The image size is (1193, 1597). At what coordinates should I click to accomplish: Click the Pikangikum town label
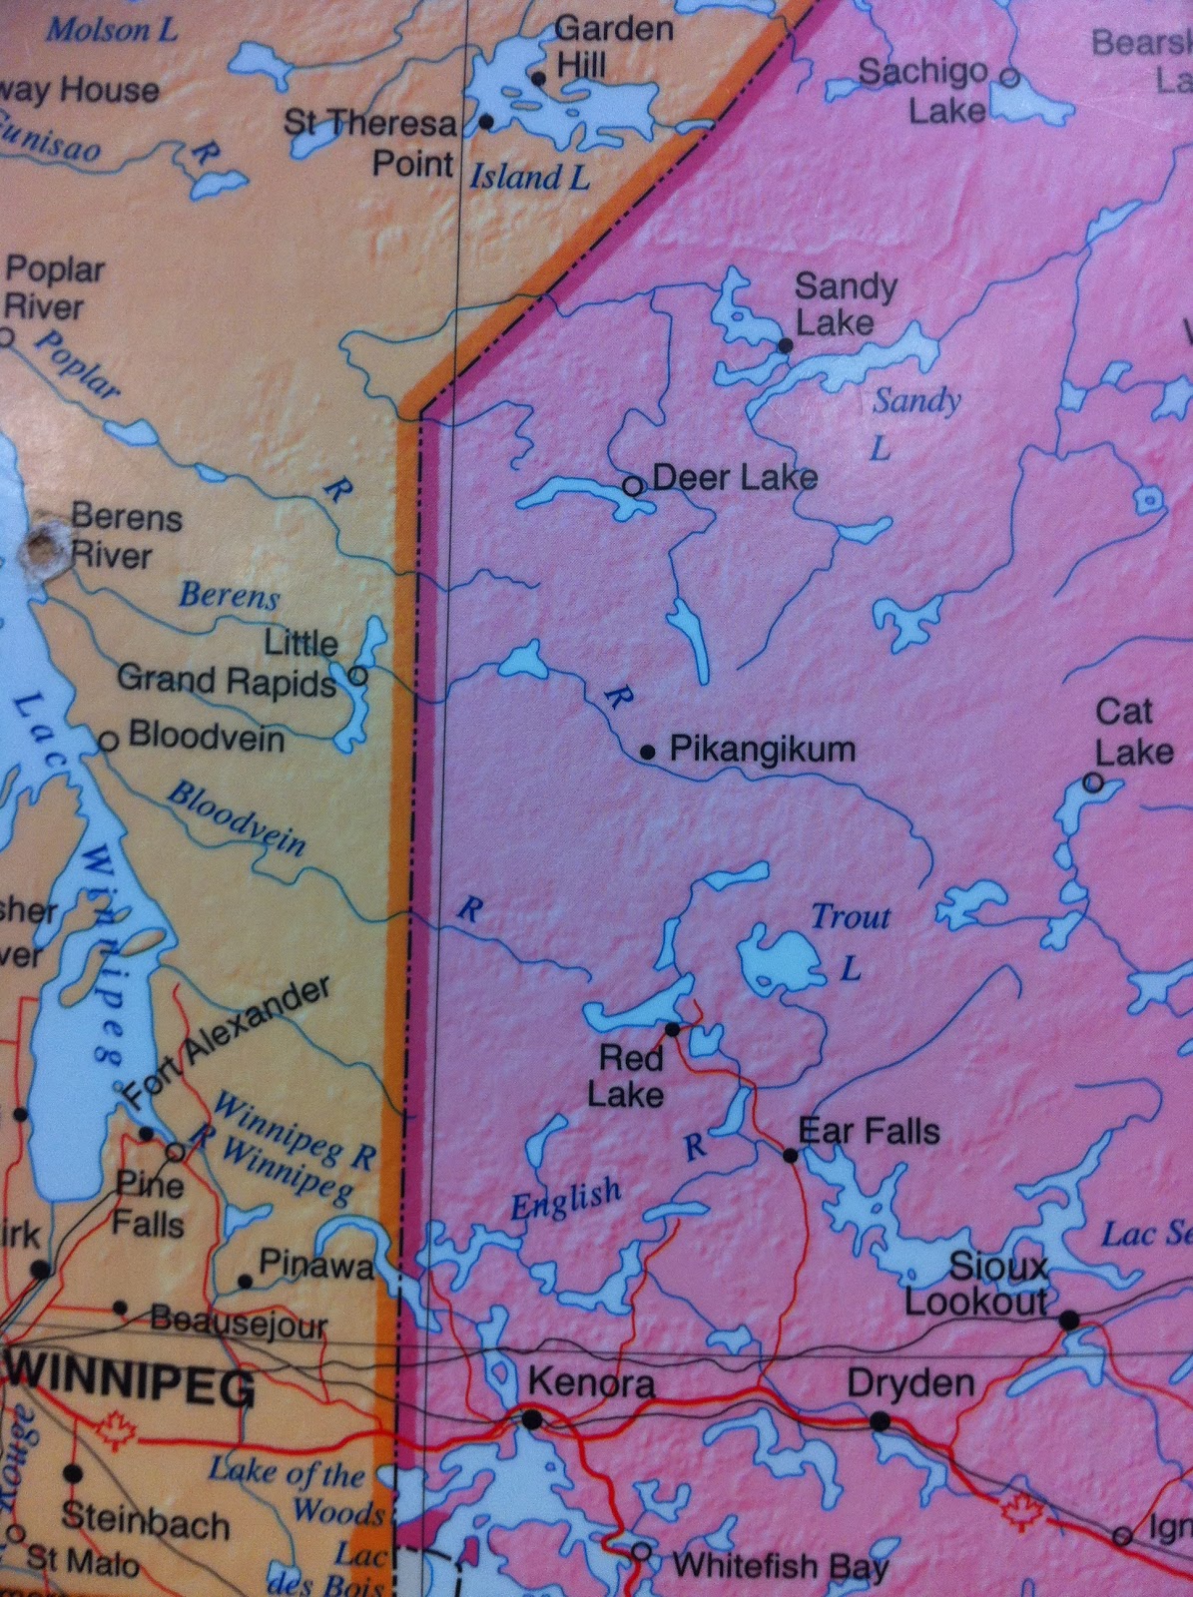(762, 749)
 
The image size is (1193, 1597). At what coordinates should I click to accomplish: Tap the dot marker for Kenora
(533, 1418)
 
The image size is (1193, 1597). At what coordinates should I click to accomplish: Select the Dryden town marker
(880, 1421)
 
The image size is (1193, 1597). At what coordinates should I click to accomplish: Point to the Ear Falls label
(870, 1131)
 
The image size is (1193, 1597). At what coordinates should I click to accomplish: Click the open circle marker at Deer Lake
(632, 486)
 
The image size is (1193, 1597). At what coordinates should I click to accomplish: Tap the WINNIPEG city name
(130, 1388)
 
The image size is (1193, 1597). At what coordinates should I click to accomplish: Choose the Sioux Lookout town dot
(1069, 1321)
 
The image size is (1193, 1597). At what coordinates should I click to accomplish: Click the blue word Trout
(850, 916)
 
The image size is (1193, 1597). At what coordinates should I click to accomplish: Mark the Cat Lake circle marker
(1093, 783)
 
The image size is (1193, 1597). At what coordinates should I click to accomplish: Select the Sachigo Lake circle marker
(1009, 76)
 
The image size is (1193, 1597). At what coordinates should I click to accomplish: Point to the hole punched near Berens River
(43, 550)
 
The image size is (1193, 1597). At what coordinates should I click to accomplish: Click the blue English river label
(566, 1198)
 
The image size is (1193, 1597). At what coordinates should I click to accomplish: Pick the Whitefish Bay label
(780, 1565)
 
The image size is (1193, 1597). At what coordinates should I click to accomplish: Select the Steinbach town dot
(73, 1473)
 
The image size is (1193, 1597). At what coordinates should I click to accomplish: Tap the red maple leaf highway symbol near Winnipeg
(117, 1429)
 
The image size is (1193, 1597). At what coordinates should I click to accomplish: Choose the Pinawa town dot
(245, 1281)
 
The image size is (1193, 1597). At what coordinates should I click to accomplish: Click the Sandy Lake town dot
(785, 345)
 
